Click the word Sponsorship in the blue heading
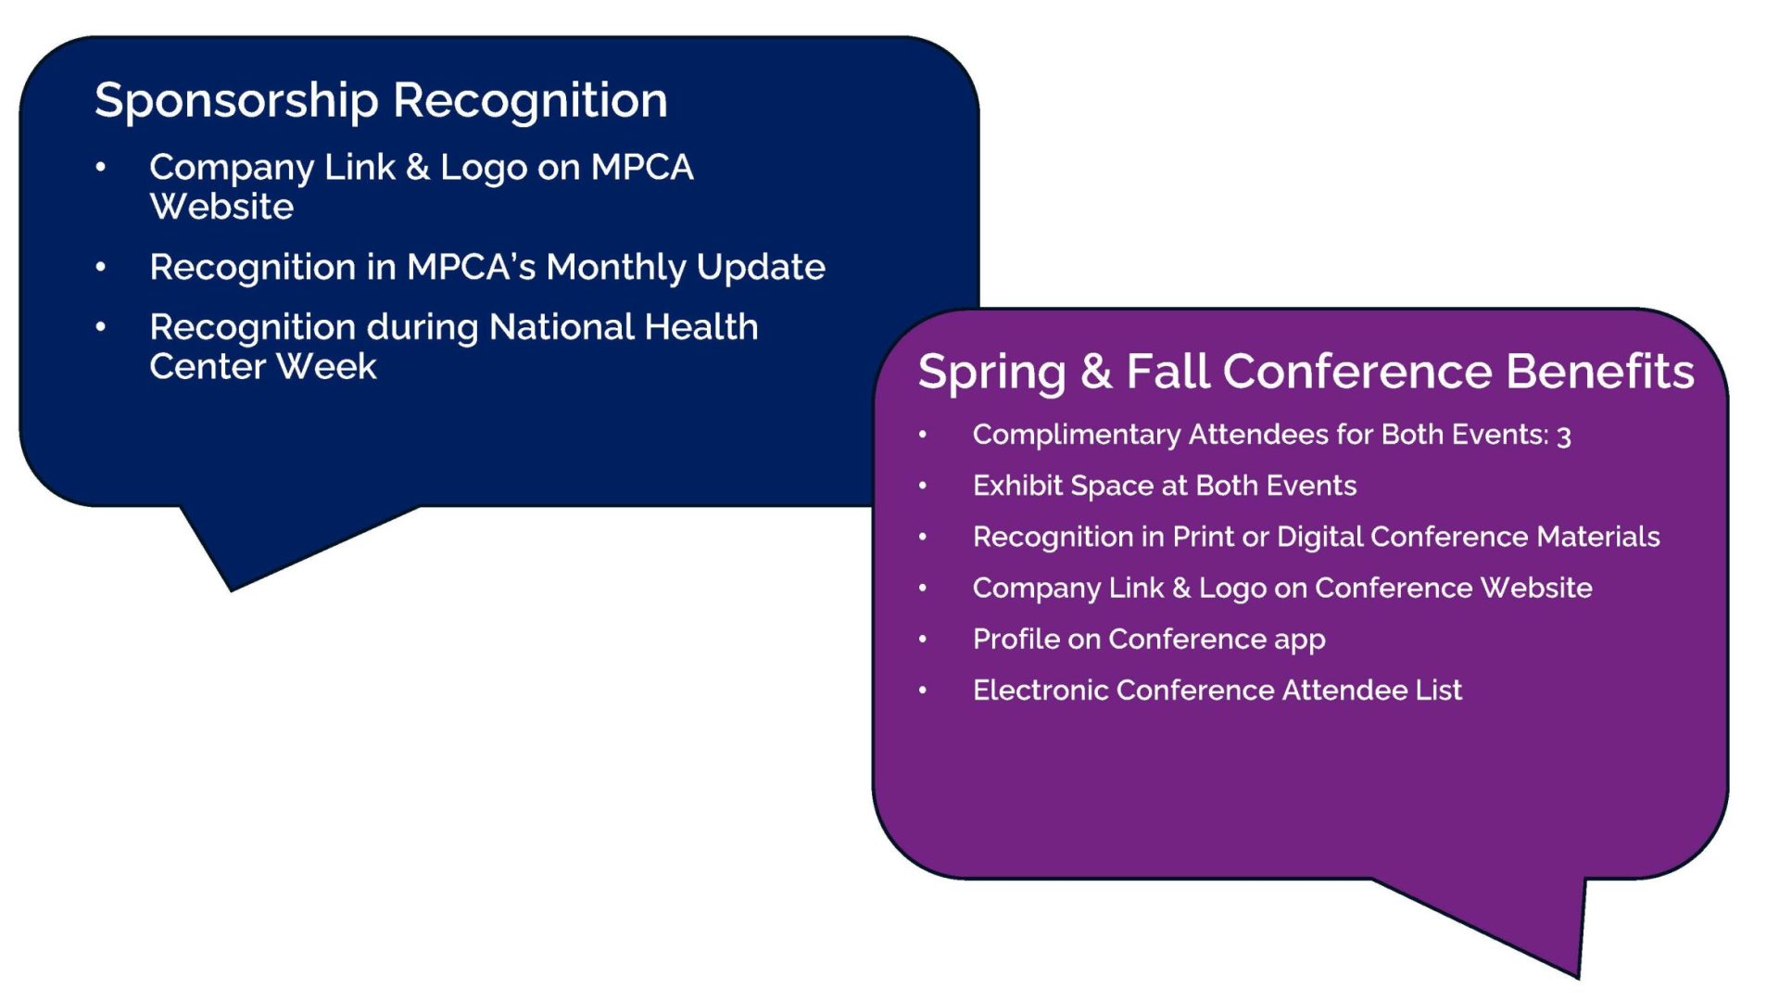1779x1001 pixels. pos(236,101)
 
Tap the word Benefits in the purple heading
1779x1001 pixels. pos(1600,372)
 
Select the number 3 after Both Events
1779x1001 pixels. pos(1564,436)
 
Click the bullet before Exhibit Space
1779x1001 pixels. pos(923,486)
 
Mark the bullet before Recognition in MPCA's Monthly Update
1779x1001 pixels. pos(101,268)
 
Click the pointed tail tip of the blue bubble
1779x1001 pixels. pos(231,590)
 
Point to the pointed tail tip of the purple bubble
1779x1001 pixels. pos(1578,978)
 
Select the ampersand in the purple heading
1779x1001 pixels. pos(1096,372)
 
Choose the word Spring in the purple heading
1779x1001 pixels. pos(991,374)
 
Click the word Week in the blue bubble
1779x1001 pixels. pos(327,367)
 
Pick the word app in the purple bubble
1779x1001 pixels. pos(1300,641)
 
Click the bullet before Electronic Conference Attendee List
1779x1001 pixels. pos(923,691)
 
